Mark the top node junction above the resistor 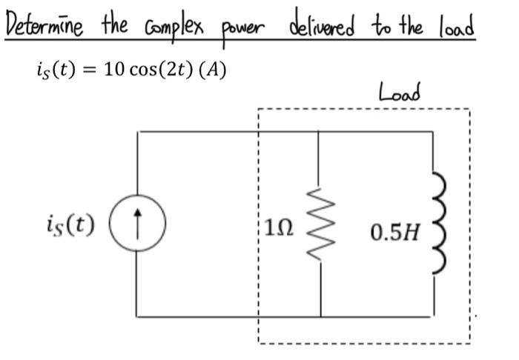click(320, 130)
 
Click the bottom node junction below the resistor click(320, 318)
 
